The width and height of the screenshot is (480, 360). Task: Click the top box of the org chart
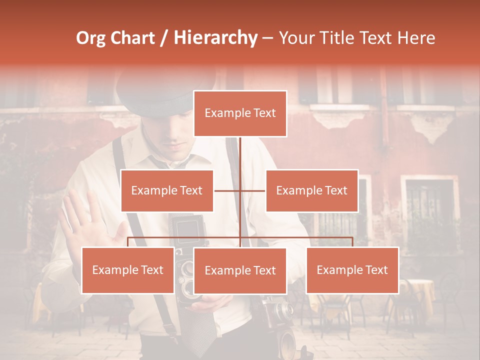[240, 113]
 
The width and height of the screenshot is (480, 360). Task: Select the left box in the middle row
[167, 190]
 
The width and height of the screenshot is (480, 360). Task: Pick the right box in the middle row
[311, 190]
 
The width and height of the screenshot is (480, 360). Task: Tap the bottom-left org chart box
[127, 270]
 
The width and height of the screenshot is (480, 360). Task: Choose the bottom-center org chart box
[240, 270]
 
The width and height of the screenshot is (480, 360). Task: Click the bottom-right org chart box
[352, 270]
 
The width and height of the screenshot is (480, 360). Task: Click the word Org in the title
[90, 38]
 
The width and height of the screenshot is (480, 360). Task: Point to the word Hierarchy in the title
[215, 38]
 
